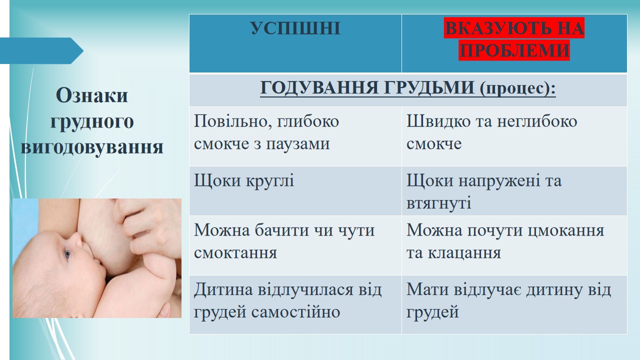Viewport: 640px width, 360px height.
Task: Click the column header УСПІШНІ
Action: [x=295, y=28]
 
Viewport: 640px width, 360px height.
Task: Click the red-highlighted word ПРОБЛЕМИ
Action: [x=514, y=50]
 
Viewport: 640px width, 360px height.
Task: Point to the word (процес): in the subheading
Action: [x=517, y=88]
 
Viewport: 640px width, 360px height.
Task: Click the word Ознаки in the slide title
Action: [x=91, y=95]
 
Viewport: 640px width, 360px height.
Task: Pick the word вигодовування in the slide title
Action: [x=92, y=147]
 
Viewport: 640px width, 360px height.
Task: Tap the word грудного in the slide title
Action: [x=92, y=122]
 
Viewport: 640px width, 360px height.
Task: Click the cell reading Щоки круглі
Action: [x=244, y=181]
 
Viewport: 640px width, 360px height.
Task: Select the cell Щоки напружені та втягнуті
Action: [x=484, y=191]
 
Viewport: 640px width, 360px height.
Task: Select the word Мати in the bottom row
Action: [x=427, y=289]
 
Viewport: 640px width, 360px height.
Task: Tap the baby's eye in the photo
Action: [x=67, y=253]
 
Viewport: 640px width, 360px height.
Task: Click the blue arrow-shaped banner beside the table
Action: [x=41, y=50]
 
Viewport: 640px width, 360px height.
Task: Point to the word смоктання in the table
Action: [x=235, y=253]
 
